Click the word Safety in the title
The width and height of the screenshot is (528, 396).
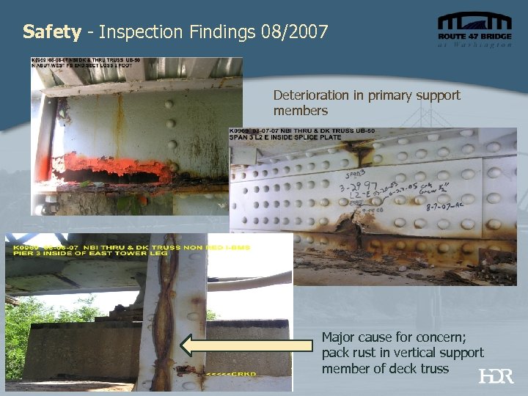click(x=51, y=32)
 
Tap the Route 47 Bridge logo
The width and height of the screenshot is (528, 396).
click(x=474, y=30)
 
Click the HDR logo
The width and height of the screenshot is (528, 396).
click(x=496, y=377)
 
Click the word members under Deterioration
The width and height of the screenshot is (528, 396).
click(x=300, y=110)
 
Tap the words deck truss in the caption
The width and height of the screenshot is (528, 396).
click(x=422, y=368)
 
